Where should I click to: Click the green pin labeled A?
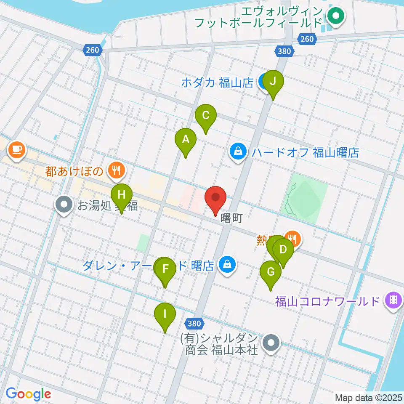point(186,140)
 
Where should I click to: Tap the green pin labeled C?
point(206,116)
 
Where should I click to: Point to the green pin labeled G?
point(271,273)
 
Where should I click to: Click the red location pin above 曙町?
point(216,198)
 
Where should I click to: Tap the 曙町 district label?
point(231,219)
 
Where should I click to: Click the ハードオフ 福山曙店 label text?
point(305,152)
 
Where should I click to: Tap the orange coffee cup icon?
point(16,149)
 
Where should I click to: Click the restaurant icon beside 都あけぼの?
point(114,170)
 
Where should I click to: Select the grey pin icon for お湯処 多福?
point(64,205)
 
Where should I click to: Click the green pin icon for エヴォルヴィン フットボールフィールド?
point(336,17)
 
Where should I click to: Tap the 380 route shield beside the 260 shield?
point(284,51)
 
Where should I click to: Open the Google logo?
point(29,394)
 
